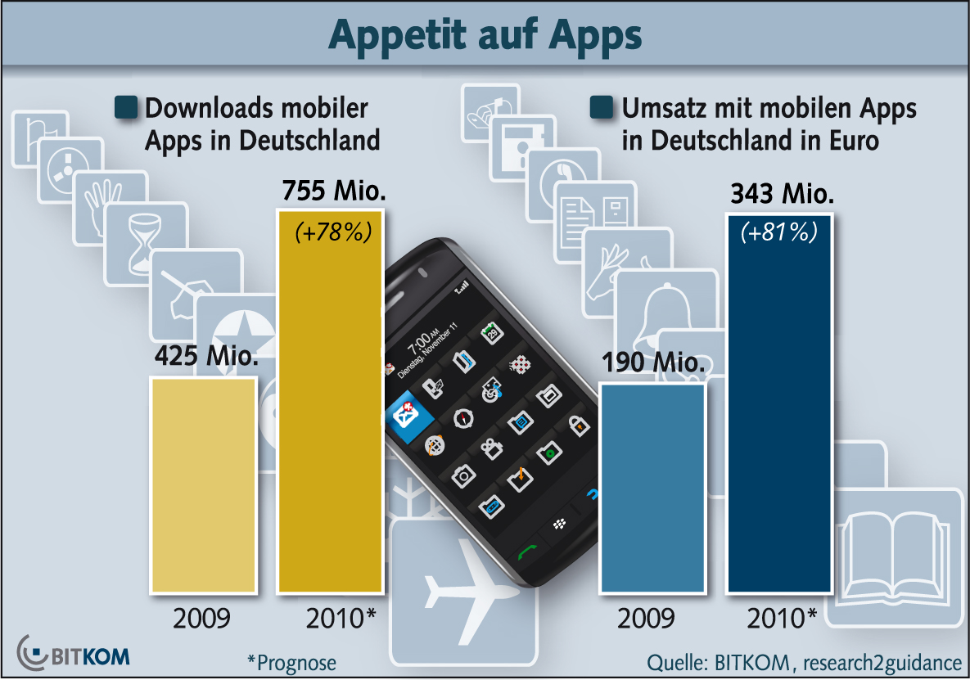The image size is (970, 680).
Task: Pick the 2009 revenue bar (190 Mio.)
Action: [x=652, y=487]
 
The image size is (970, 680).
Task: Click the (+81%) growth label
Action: [x=779, y=232]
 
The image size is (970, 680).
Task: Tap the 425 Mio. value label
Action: [x=205, y=358]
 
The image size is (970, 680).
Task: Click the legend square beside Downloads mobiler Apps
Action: [x=126, y=107]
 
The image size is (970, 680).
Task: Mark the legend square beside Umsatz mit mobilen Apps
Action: [x=602, y=107]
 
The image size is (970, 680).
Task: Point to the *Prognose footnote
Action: [x=291, y=661]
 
